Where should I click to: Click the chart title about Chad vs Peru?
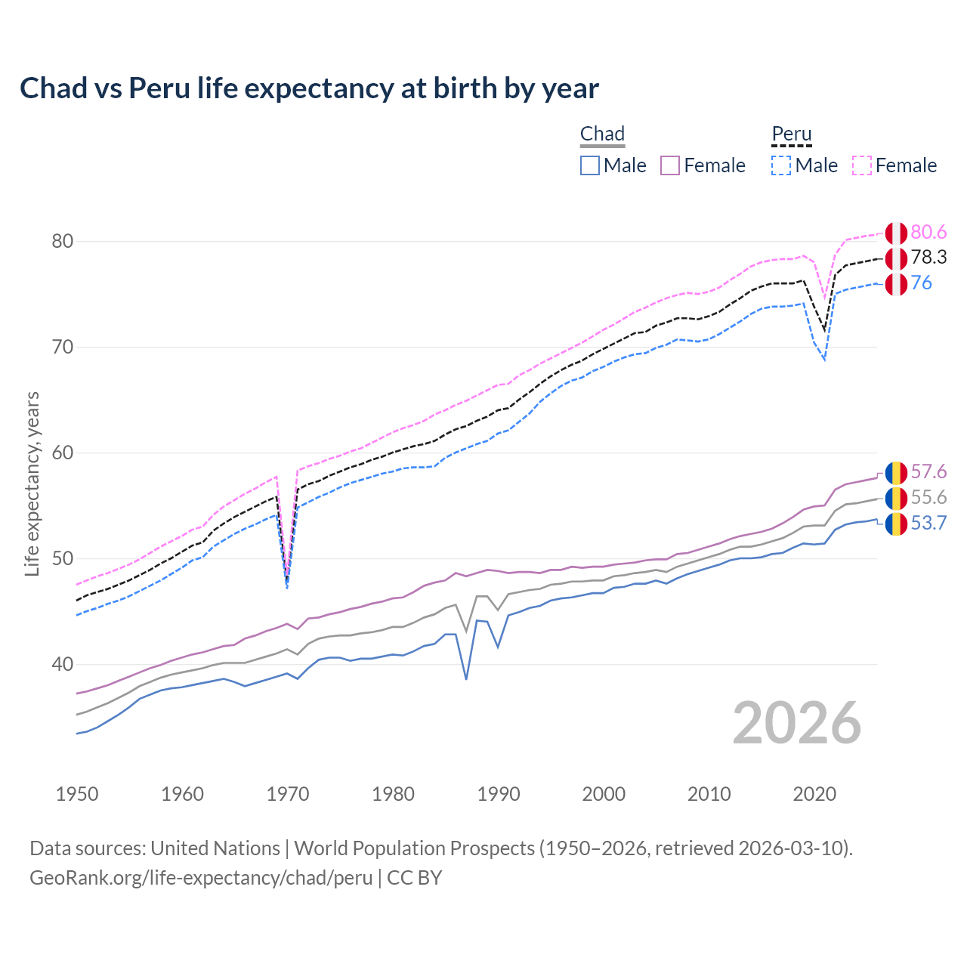[309, 88]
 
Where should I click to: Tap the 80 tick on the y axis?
[63, 242]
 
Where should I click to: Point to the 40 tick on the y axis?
[63, 665]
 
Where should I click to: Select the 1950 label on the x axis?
[77, 794]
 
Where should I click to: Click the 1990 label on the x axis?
[499, 794]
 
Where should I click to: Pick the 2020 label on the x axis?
[814, 794]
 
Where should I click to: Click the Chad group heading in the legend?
[602, 134]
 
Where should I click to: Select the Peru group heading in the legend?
[791, 134]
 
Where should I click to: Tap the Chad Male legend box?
[590, 165]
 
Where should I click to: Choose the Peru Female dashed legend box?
[862, 165]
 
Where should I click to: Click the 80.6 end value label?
[928, 232]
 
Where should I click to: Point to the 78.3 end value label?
[928, 258]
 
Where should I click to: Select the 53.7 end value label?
[928, 524]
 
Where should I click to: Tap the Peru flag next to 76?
[896, 284]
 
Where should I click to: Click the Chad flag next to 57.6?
[896, 473]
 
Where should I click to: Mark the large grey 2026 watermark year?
[797, 723]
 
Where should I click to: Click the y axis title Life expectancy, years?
[32, 483]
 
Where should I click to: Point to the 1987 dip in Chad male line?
[466, 678]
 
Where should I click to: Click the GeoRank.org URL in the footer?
[201, 878]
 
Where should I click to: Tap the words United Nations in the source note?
[215, 848]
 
